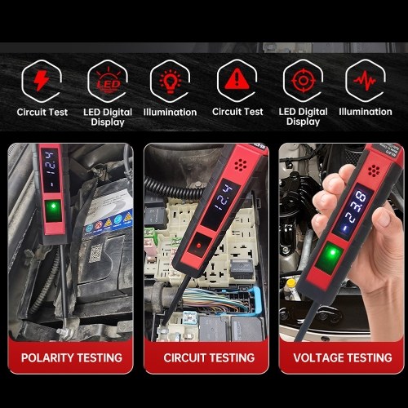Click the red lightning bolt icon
[x=42, y=81]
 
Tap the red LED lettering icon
[x=109, y=81]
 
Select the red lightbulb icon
[x=171, y=82]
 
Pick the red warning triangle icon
[x=237, y=79]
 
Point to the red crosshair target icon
[x=304, y=81]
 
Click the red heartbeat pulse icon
[x=365, y=81]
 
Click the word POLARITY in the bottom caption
[x=47, y=358]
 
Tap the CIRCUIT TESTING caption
[x=209, y=358]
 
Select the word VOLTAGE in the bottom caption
[x=317, y=358]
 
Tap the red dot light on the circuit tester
[x=198, y=246]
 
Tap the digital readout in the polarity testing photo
[x=51, y=170]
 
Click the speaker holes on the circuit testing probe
[x=241, y=165]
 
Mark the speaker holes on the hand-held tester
[x=374, y=171]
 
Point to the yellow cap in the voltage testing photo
[x=291, y=283]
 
